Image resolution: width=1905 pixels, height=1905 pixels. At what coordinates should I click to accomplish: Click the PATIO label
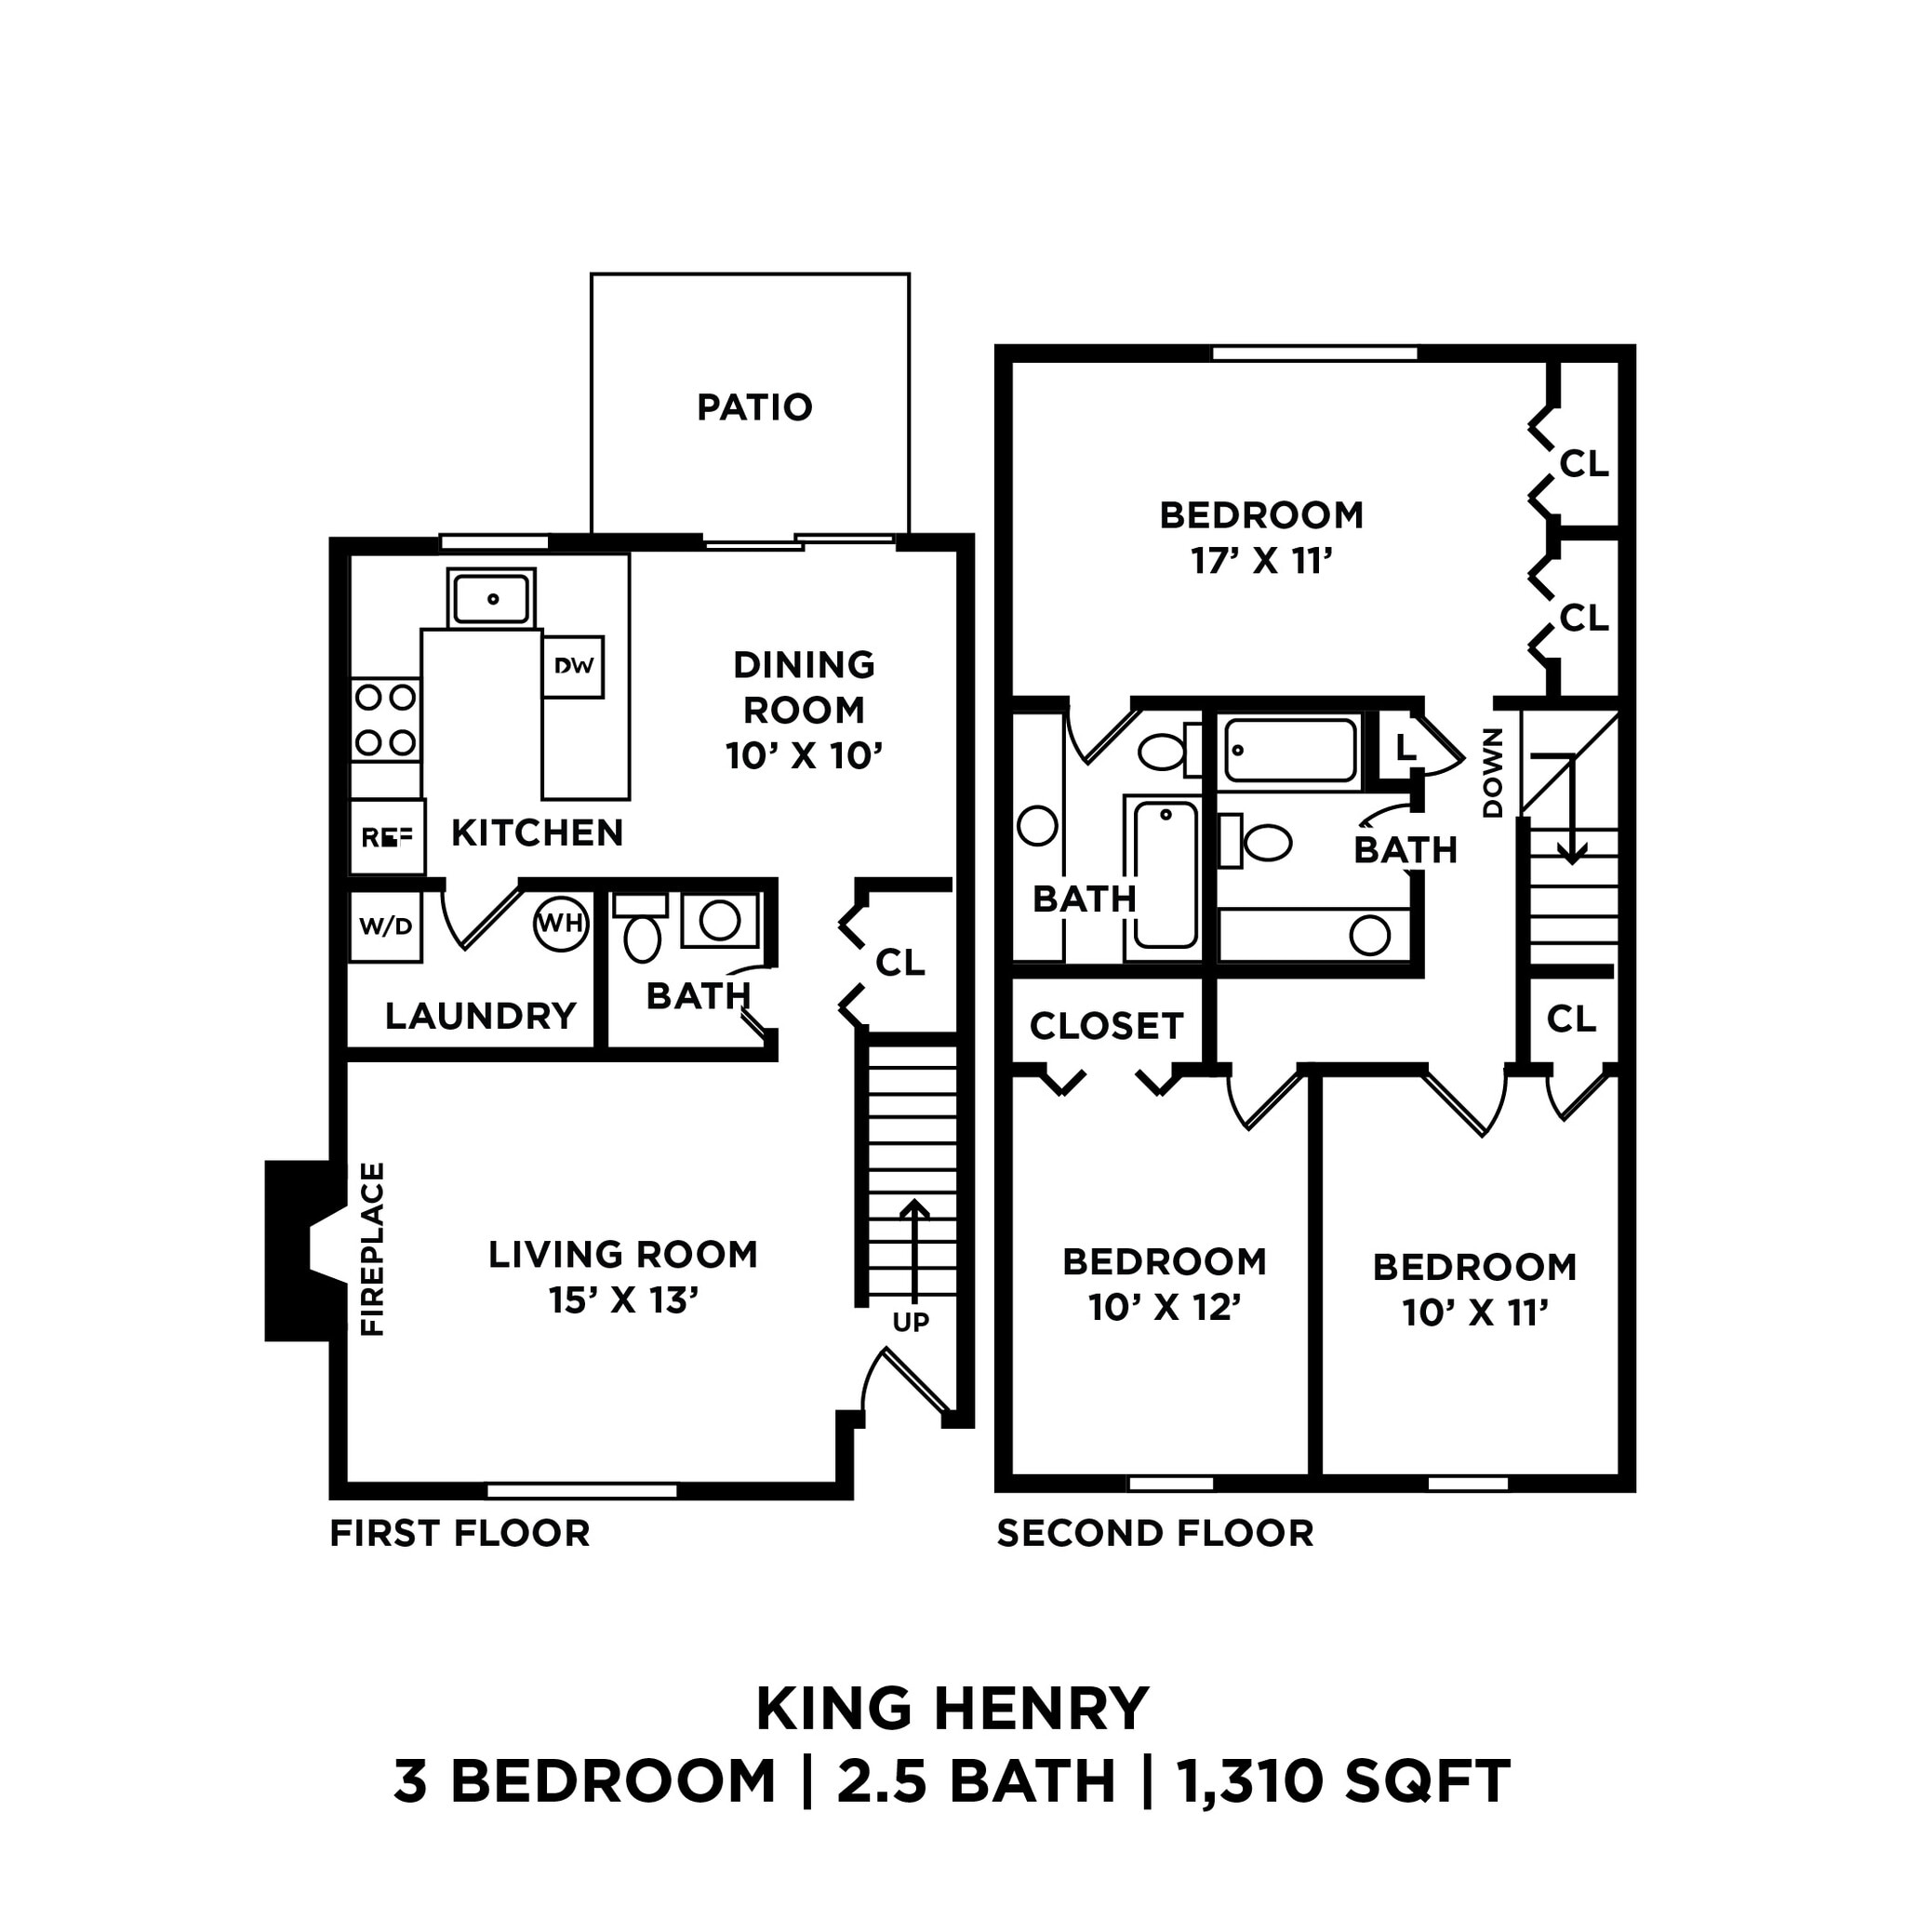pyautogui.click(x=754, y=407)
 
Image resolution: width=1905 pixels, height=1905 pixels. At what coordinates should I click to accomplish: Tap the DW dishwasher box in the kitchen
pyautogui.click(x=573, y=667)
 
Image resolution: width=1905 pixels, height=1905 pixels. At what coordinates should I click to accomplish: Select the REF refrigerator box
pyautogui.click(x=387, y=837)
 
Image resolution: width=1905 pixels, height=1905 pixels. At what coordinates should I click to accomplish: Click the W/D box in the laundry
pyautogui.click(x=385, y=926)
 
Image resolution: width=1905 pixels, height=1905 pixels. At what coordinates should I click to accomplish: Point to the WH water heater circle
pyautogui.click(x=560, y=924)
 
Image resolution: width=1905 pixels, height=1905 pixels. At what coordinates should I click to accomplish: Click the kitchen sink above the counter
pyautogui.click(x=491, y=597)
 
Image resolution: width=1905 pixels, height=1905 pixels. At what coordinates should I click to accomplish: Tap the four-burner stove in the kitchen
pyautogui.click(x=385, y=719)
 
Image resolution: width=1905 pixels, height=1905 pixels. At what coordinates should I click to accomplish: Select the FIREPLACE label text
pyautogui.click(x=373, y=1249)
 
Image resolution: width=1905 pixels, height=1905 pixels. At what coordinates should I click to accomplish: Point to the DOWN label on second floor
pyautogui.click(x=1493, y=773)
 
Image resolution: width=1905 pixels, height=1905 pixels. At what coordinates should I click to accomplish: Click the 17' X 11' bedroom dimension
pyautogui.click(x=1261, y=561)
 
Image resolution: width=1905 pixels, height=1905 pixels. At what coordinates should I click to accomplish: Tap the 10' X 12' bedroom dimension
pyautogui.click(x=1164, y=1308)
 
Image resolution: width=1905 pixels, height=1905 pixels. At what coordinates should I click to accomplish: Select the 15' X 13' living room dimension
pyautogui.click(x=623, y=1300)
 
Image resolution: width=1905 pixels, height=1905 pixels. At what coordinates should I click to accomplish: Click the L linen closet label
pyautogui.click(x=1405, y=748)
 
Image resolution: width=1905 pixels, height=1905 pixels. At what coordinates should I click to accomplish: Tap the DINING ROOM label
pyautogui.click(x=804, y=687)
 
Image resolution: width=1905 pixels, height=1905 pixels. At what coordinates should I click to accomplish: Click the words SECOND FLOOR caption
pyautogui.click(x=1154, y=1533)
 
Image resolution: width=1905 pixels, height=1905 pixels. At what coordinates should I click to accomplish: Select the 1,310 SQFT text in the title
pyautogui.click(x=1343, y=1780)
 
